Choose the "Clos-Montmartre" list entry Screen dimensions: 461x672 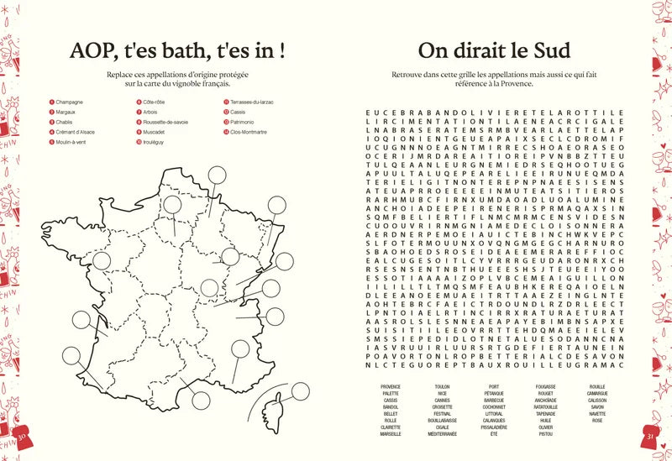[x=249, y=132]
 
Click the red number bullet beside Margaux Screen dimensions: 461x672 [x=52, y=113]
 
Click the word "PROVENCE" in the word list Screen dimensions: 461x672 [x=391, y=387]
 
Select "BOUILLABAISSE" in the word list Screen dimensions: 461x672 [x=442, y=419]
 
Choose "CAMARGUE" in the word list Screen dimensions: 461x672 [x=597, y=394]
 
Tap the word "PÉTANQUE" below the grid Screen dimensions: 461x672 [x=494, y=394]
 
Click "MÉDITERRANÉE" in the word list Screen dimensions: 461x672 [x=442, y=434]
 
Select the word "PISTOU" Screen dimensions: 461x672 [x=545, y=434]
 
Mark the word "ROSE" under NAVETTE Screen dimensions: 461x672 [x=597, y=420]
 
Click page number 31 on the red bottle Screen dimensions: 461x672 [x=649, y=436]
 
